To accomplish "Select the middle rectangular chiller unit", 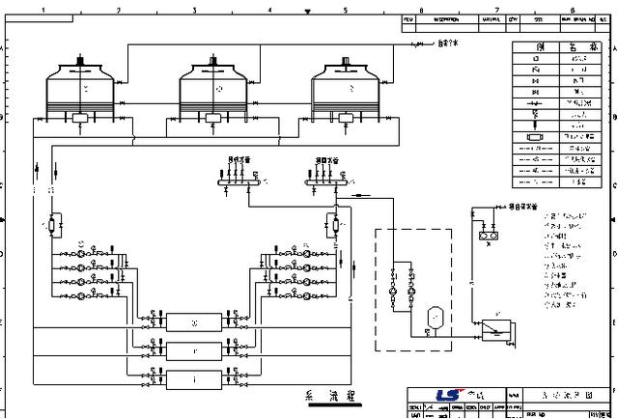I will coord(194,350).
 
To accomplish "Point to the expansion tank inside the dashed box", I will coord(434,315).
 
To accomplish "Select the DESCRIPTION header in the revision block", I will coord(446,18).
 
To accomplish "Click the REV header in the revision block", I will coord(408,18).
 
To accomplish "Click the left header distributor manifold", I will coord(234,177).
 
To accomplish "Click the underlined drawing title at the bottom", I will coord(330,397).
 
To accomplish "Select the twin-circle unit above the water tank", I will coord(488,232).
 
